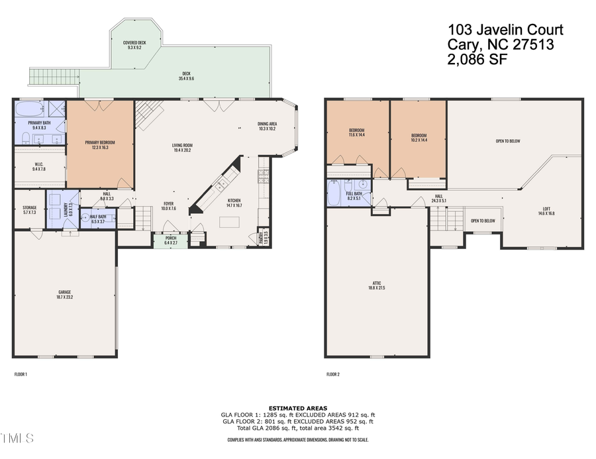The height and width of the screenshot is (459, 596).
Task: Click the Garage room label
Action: click(64, 295)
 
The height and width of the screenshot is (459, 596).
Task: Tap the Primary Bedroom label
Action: click(101, 145)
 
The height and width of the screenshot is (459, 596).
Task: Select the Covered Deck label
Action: click(136, 45)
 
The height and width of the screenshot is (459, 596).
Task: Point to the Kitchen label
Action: click(234, 203)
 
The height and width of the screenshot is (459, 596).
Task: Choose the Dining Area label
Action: click(267, 126)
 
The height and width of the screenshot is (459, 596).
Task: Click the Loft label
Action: click(546, 211)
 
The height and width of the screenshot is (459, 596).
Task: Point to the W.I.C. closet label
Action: click(39, 166)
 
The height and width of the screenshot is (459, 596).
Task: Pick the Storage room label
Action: click(29, 210)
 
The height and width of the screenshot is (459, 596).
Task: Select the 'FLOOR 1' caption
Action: click(21, 374)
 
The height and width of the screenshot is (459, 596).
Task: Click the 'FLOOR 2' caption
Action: click(332, 374)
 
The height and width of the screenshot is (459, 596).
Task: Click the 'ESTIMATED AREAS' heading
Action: click(297, 408)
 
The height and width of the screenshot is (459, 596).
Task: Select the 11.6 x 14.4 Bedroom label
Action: click(357, 132)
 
